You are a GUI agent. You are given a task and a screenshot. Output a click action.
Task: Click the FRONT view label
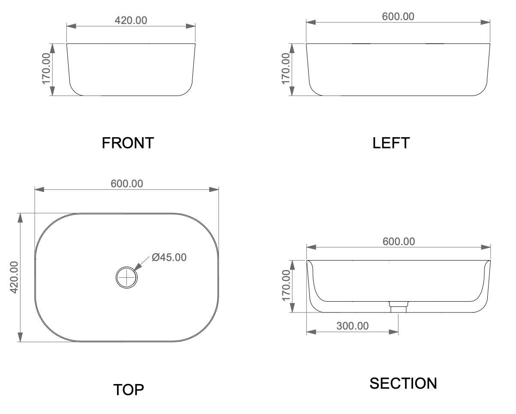point(128,143)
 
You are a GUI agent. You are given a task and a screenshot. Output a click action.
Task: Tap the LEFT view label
point(391,143)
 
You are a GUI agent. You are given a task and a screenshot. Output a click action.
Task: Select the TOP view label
point(129,390)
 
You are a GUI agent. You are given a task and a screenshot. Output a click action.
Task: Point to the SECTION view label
point(403,383)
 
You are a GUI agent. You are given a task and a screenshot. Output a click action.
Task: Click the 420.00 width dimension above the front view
point(131,21)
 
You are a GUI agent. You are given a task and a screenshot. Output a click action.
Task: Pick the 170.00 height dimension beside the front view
point(46,69)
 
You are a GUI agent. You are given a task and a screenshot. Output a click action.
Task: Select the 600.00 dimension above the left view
point(398,17)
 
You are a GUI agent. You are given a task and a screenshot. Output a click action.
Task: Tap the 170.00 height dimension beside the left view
point(285,69)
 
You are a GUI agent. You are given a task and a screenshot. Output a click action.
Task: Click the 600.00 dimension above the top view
point(127,184)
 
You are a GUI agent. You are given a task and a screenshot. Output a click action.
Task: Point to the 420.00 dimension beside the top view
point(14,277)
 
